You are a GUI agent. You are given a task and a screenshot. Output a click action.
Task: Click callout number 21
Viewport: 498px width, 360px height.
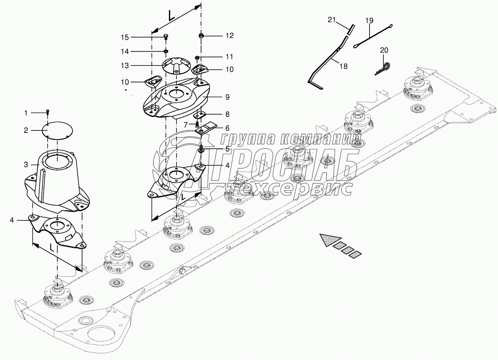331,20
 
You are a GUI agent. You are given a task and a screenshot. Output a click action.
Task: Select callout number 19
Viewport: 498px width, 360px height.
369,21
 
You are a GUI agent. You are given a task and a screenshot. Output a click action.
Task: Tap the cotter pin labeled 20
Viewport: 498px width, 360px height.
383,68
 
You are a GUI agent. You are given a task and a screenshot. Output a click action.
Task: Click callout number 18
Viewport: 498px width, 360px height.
344,66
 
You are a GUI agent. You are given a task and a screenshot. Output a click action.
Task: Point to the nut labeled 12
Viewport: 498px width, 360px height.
201,36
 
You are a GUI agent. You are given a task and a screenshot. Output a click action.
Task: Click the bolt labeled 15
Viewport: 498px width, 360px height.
166,37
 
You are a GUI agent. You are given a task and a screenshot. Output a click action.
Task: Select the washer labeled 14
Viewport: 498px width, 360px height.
166,52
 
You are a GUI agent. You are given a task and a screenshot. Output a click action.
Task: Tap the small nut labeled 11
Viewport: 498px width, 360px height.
197,58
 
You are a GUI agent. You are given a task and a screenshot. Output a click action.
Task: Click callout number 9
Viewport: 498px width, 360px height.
227,97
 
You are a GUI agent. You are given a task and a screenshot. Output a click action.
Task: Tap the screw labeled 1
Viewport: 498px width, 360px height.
48,112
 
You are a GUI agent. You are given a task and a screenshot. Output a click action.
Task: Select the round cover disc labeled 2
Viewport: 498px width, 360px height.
57,130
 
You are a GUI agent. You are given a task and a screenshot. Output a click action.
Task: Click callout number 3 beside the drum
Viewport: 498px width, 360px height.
26,165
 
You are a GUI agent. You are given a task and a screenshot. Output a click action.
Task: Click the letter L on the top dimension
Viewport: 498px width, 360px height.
171,15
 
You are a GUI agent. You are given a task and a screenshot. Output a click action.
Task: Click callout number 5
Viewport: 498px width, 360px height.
227,149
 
